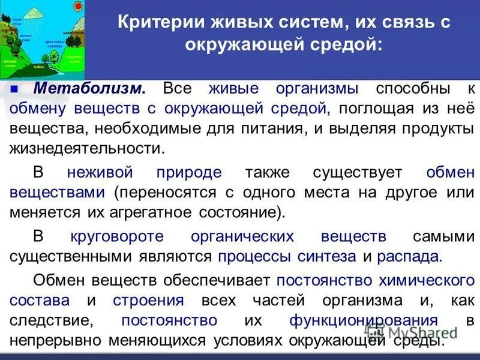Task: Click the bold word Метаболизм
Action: coord(89,88)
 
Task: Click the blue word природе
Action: coord(189,172)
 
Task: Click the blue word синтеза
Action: coord(328,257)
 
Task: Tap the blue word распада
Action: coord(409,257)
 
